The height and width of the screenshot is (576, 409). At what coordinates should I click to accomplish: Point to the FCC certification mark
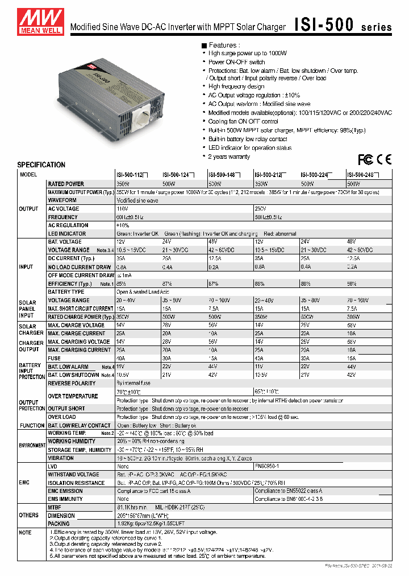pyautogui.click(x=365, y=159)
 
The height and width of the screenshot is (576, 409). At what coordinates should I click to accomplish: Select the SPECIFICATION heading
pyautogui.click(x=41, y=165)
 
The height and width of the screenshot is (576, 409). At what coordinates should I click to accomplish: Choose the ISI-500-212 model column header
pyautogui.click(x=270, y=175)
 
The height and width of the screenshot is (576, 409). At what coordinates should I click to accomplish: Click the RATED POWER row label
pyautogui.click(x=66, y=184)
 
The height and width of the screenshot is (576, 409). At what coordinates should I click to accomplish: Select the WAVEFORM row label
pyautogui.click(x=62, y=200)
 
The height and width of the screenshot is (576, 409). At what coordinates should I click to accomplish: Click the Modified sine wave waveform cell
pyautogui.click(x=137, y=200)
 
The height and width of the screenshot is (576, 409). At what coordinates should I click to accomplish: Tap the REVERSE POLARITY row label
pyautogui.click(x=72, y=384)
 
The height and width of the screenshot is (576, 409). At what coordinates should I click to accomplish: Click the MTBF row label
pyautogui.click(x=56, y=507)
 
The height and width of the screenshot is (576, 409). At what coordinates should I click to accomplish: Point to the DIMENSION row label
pyautogui.click(x=61, y=516)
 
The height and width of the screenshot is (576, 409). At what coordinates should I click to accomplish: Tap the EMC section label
pyautogui.click(x=24, y=482)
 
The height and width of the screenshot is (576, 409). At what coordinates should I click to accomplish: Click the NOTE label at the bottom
pyautogui.click(x=24, y=532)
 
